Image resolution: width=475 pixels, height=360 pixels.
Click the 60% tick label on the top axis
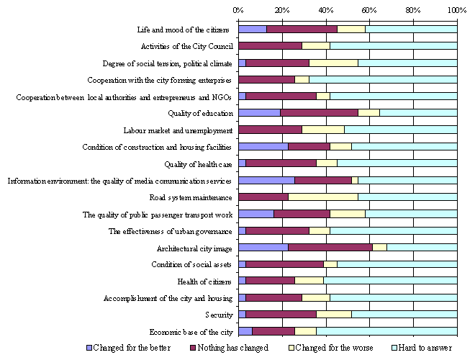tap(369, 10)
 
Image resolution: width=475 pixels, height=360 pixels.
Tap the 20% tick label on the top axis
tap(282, 10)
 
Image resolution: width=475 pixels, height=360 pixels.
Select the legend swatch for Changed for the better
tap(89, 348)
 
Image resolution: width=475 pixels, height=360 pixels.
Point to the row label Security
tap(219, 315)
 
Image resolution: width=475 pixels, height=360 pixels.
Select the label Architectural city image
tap(194, 248)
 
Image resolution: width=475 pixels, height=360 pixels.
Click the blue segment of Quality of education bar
tap(259, 113)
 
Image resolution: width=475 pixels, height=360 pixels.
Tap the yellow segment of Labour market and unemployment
tap(322, 130)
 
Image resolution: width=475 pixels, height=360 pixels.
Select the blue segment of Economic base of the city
tap(245, 332)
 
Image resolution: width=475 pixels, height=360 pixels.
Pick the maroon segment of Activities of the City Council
tap(270, 46)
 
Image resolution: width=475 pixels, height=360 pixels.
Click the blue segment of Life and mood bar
tap(252, 30)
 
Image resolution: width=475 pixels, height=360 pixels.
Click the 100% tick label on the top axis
tap(456, 10)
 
